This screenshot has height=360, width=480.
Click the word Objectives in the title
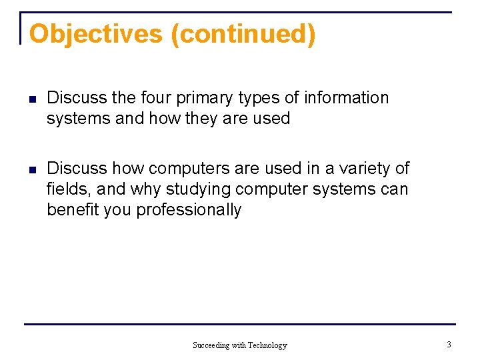point(96,34)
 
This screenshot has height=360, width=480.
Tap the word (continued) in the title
point(243,34)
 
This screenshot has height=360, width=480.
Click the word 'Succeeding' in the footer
point(210,345)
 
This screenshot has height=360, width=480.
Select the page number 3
point(449,345)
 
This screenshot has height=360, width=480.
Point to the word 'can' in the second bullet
point(394,189)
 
